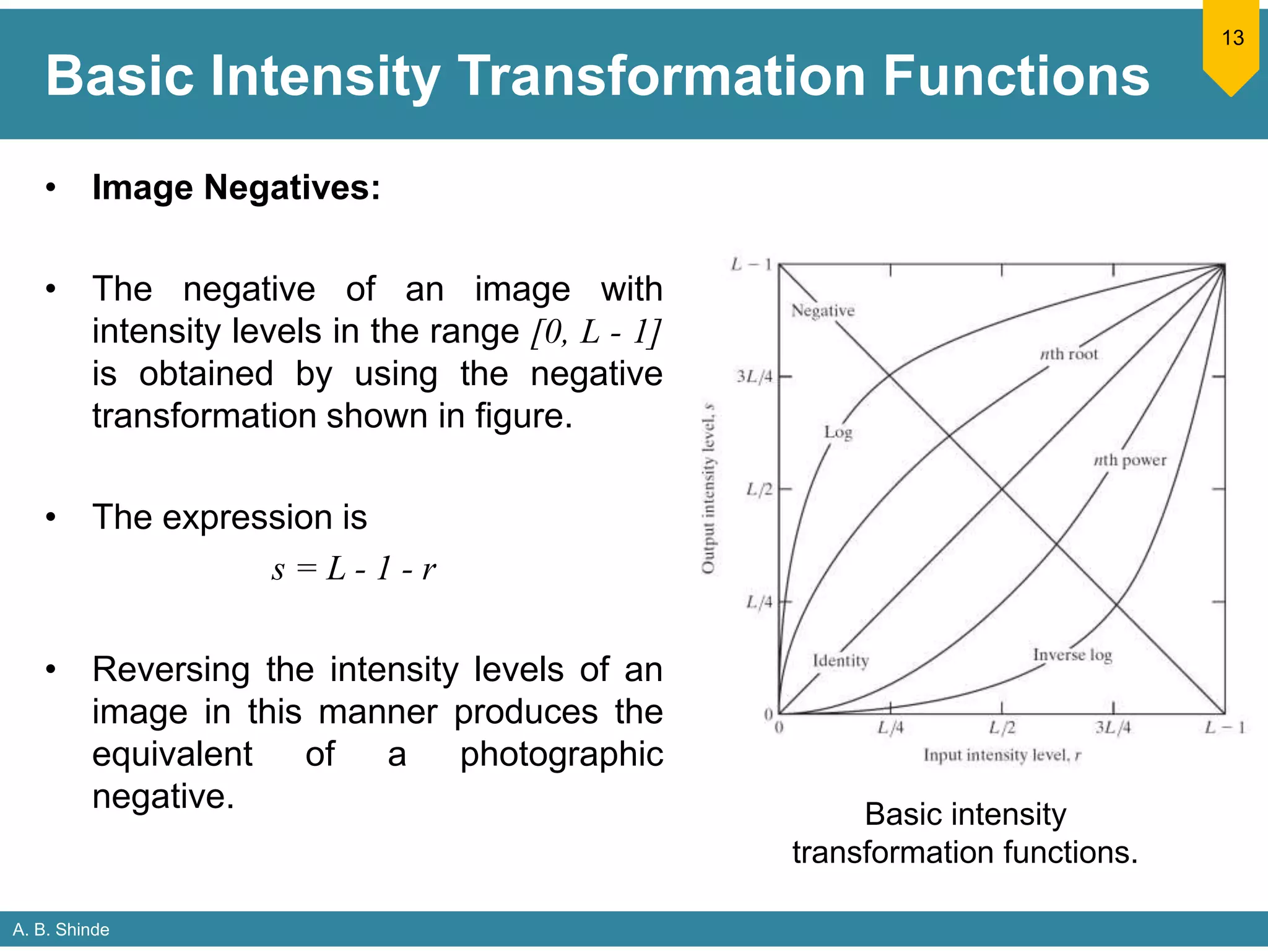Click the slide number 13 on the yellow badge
point(1232,38)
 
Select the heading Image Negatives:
point(236,188)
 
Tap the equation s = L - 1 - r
point(354,568)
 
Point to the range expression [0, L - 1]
point(596,332)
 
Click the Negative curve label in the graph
point(822,311)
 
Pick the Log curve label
point(838,432)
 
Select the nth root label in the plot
point(1069,354)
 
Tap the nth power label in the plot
point(1129,461)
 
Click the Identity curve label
point(840,661)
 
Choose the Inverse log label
point(1072,655)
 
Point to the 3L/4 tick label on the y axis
point(754,376)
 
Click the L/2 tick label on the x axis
point(1001,727)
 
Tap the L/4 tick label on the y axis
point(758,602)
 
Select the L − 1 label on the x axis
point(1224,727)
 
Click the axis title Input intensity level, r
point(1002,755)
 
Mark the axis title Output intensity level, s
point(708,489)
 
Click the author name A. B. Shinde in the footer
point(61,929)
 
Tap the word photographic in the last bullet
point(561,755)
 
